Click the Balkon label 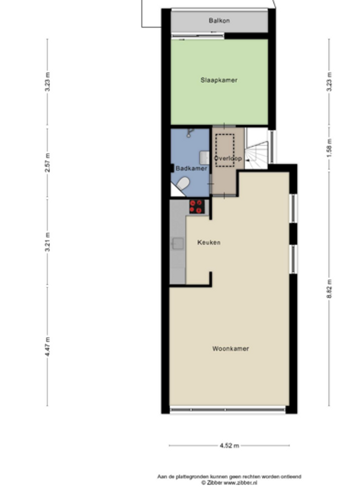point(219,20)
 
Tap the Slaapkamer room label point(219,80)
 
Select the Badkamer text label point(192,168)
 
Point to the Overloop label point(228,158)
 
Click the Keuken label point(209,242)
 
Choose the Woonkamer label point(231,348)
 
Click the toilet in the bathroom point(183,183)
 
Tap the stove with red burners point(197,206)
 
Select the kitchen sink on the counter point(178,244)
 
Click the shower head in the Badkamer point(190,133)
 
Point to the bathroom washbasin point(204,157)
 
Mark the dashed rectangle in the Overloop point(225,150)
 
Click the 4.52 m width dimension point(229,446)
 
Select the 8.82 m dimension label point(329,289)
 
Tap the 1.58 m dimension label point(329,148)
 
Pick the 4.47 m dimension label point(47,346)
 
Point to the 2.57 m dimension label point(47,163)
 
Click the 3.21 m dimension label point(47,242)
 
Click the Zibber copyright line point(229,482)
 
